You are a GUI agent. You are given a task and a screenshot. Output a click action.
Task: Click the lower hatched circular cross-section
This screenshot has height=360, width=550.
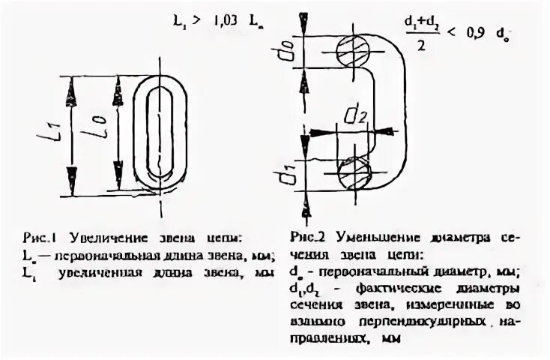(x=353, y=173)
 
